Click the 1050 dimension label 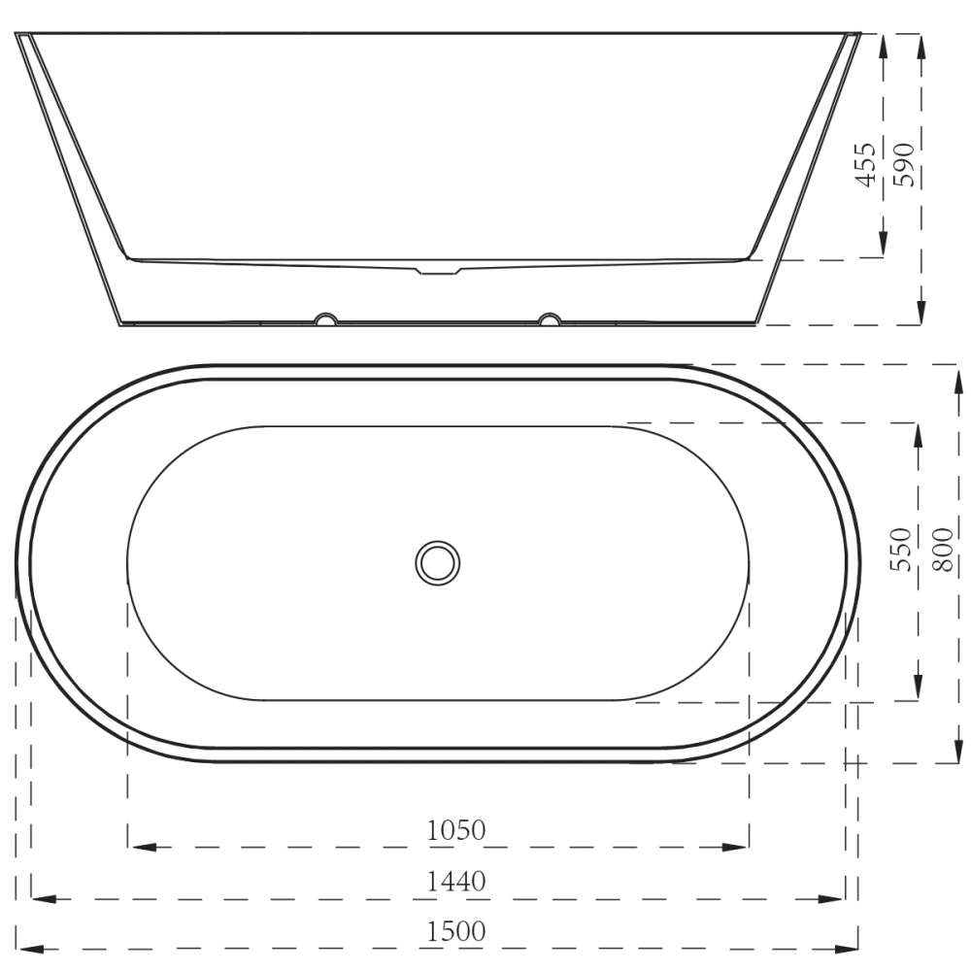coord(455,831)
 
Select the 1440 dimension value coord(455,882)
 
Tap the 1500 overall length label coord(455,931)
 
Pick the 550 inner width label coord(902,549)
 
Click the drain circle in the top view coord(438,562)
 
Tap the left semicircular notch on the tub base coord(325,318)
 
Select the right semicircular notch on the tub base coord(551,318)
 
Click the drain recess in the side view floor coord(439,270)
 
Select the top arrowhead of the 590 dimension coord(920,45)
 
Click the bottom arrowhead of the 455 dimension coord(883,249)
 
